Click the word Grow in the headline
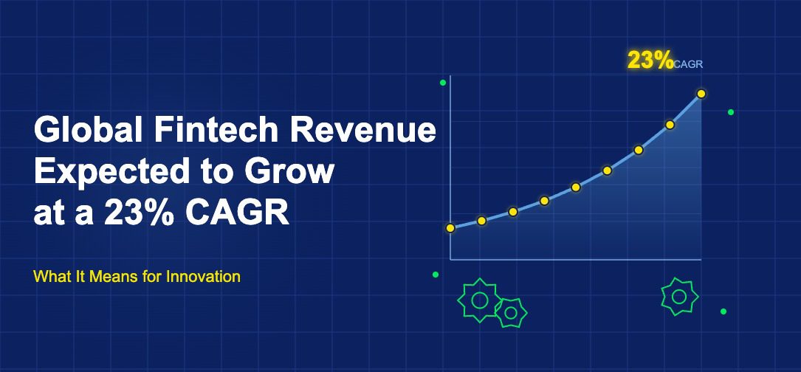(x=288, y=172)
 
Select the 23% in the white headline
(x=138, y=213)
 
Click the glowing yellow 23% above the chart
(x=650, y=61)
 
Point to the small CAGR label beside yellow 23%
(x=689, y=64)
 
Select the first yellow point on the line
(x=450, y=228)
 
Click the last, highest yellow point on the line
(x=701, y=94)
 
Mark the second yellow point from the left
(x=481, y=221)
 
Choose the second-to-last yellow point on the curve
(x=670, y=125)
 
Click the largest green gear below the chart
(x=478, y=300)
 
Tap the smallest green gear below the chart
(x=510, y=313)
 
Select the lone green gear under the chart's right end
(x=679, y=297)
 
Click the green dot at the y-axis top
(x=443, y=83)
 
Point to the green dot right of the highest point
(x=731, y=112)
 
